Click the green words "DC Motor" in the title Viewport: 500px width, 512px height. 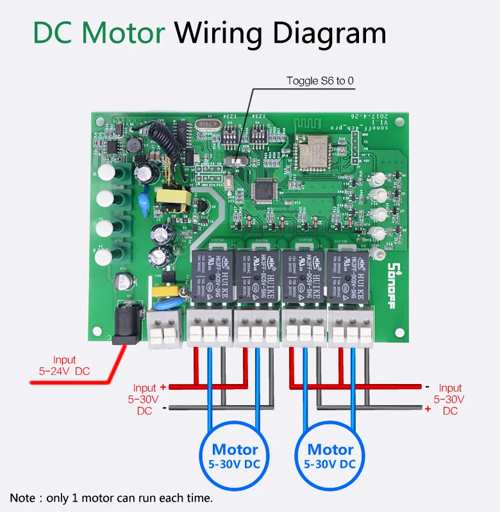point(99,33)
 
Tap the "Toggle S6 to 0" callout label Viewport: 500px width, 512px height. point(320,81)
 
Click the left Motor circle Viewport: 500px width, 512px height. point(235,456)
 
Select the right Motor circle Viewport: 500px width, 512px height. point(330,456)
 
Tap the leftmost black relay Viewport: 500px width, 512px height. point(211,275)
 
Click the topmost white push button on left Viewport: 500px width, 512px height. point(105,172)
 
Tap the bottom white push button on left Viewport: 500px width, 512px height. point(104,257)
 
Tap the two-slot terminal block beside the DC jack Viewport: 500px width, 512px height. point(163,330)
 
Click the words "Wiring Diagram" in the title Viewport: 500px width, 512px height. point(281,33)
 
